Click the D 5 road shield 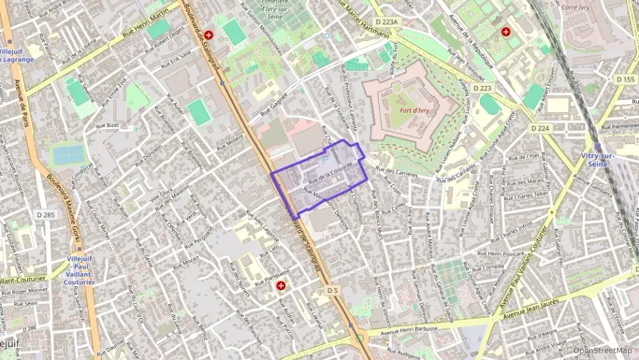[332, 290]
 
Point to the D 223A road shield [386, 22]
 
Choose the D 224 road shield [540, 128]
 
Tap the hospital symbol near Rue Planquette [281, 286]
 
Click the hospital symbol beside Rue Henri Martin [208, 33]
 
